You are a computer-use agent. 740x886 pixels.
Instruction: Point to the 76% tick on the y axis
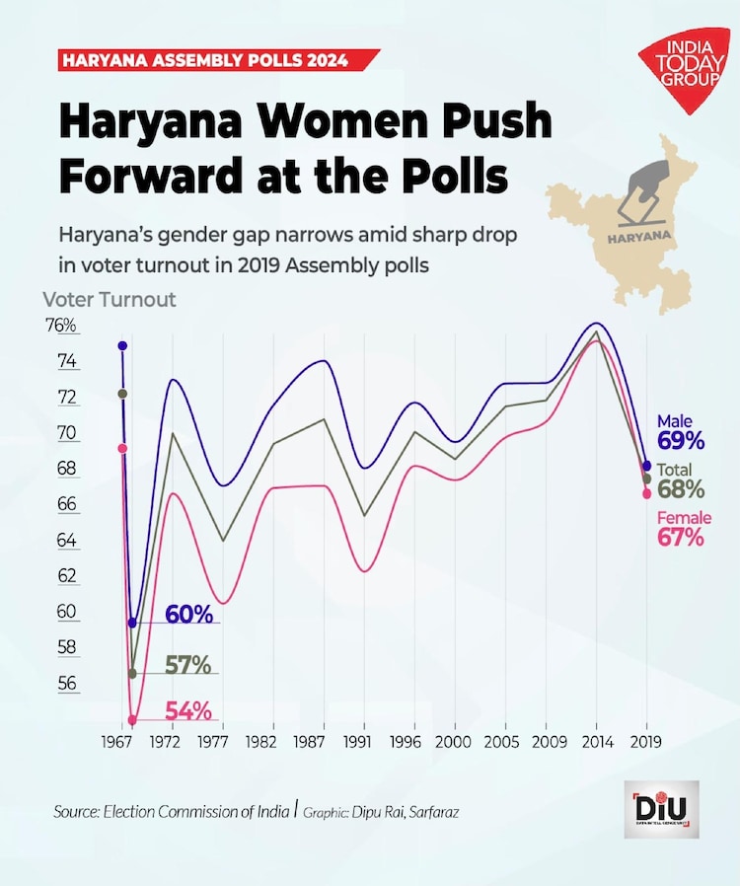coord(60,326)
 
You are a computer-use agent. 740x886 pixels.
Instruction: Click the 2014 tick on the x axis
coord(596,741)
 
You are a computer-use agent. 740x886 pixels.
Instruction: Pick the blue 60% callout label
coord(188,614)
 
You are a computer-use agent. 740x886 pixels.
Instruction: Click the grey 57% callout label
coord(187,665)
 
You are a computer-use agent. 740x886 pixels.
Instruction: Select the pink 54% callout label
coord(188,710)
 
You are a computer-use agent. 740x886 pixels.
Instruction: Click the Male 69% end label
coord(681,432)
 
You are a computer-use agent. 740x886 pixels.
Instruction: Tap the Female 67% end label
coord(680,529)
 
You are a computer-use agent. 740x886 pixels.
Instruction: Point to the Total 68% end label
coord(681,480)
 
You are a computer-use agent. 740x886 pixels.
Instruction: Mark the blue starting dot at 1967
coord(122,345)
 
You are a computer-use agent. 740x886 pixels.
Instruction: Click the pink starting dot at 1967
coord(122,448)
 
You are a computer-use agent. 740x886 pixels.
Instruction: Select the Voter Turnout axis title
coord(110,299)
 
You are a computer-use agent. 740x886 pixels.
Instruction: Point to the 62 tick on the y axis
coord(67,575)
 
